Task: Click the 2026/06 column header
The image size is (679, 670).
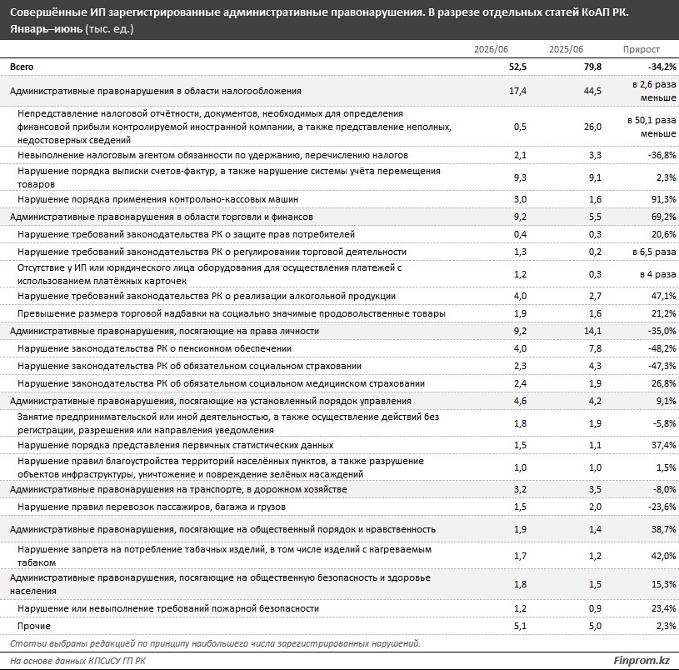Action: pyautogui.click(x=491, y=49)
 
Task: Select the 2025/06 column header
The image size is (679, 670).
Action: pyautogui.click(x=566, y=49)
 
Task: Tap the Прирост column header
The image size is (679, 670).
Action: pyautogui.click(x=642, y=49)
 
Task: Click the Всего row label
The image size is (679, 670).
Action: pyautogui.click(x=22, y=67)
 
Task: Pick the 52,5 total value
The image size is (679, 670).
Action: pyautogui.click(x=517, y=67)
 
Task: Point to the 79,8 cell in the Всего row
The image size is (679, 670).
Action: pyautogui.click(x=593, y=67)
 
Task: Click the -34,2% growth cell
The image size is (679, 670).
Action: pyautogui.click(x=662, y=67)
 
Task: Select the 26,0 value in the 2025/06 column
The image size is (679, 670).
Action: pyautogui.click(x=593, y=127)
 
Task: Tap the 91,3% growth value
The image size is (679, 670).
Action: pyautogui.click(x=663, y=199)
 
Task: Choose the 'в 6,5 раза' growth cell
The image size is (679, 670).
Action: pyautogui.click(x=654, y=252)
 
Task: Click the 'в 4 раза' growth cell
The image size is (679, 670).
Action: pyautogui.click(x=658, y=274)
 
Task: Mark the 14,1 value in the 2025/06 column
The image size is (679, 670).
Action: pyautogui.click(x=593, y=331)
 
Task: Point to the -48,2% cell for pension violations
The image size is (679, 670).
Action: pyautogui.click(x=662, y=348)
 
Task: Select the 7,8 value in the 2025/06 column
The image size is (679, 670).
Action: pyautogui.click(x=595, y=348)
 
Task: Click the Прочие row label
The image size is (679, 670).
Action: pyautogui.click(x=34, y=626)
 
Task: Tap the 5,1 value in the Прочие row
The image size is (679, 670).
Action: pyautogui.click(x=520, y=626)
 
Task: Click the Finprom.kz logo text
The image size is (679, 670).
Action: pyautogui.click(x=642, y=661)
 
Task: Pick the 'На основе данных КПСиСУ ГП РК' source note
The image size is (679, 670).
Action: pyautogui.click(x=78, y=661)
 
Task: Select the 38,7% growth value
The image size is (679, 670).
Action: pyautogui.click(x=663, y=529)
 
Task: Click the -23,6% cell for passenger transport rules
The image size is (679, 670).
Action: pyautogui.click(x=662, y=507)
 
